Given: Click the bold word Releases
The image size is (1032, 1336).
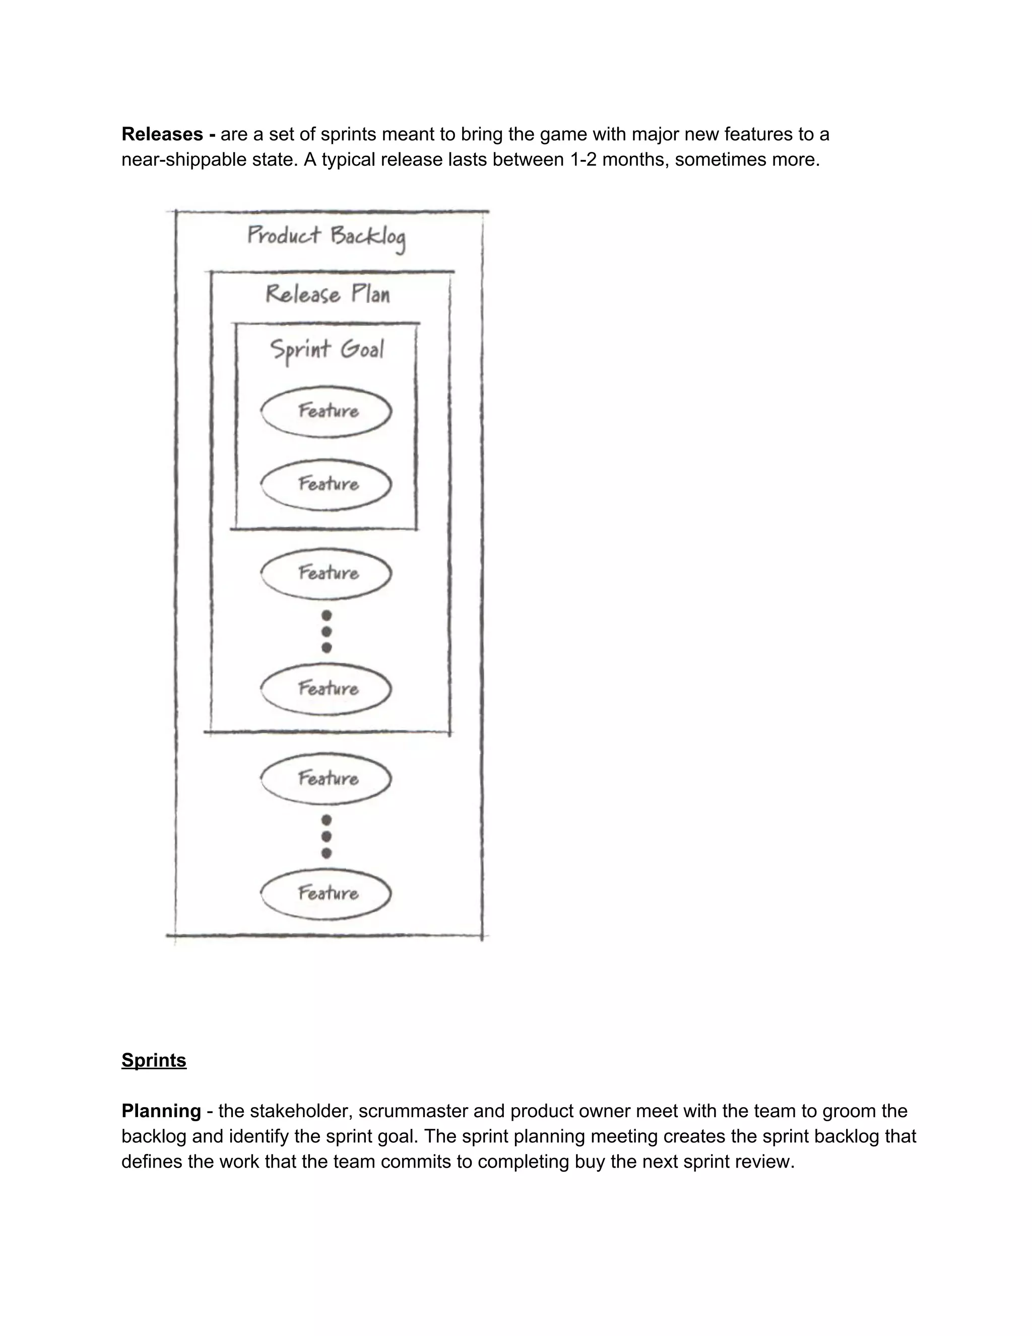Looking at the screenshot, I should [162, 134].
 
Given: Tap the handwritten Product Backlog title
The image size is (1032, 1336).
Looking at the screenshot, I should [327, 237].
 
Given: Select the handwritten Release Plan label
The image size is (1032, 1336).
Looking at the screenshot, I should [328, 294].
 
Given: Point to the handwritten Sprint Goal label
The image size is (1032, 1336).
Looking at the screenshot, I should [327, 350].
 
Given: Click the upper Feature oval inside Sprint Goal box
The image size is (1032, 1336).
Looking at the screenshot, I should [327, 411].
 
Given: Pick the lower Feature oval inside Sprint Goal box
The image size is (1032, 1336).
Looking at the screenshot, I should [327, 484].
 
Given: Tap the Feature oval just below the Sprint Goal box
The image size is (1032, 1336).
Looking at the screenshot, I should [327, 573].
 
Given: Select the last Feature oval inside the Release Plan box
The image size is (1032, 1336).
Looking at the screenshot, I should [327, 689].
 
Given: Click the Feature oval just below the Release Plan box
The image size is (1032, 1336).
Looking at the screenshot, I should [327, 778].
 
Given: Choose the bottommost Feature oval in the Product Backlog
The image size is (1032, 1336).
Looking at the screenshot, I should [327, 894].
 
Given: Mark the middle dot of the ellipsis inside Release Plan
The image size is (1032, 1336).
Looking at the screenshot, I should [327, 631].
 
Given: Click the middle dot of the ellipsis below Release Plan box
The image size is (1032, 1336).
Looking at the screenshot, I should [327, 836].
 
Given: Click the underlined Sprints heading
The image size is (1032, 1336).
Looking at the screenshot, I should [154, 1060].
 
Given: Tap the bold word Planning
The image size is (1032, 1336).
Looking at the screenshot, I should [161, 1110].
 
